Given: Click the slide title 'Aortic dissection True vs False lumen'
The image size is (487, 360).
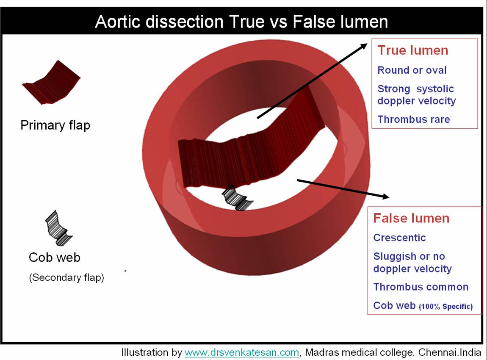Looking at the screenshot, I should [241, 21].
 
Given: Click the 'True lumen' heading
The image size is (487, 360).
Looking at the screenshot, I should [412, 50].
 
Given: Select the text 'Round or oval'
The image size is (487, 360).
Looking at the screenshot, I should [412, 70].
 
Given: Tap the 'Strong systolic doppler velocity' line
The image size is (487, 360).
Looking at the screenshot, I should [416, 95].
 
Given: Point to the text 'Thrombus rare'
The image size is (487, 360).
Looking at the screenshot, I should [413, 119].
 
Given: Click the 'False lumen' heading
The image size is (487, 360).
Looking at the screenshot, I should [411, 218].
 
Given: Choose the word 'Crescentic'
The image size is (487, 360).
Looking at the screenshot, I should [399, 238].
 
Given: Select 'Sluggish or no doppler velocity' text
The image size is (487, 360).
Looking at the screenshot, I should [412, 263].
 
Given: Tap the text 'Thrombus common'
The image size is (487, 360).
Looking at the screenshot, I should [421, 287].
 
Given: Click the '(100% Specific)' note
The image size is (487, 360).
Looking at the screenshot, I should [445, 307].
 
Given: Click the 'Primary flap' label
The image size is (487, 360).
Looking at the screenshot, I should [55, 125].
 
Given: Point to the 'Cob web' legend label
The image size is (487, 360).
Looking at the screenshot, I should [55, 258].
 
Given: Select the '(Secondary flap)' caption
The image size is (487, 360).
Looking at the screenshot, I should [66, 278].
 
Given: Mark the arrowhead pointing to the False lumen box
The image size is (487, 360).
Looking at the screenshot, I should [384, 196].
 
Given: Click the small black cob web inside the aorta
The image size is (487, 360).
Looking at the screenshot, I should [237, 198].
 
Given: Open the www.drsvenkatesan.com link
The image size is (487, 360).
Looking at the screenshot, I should [242, 352].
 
